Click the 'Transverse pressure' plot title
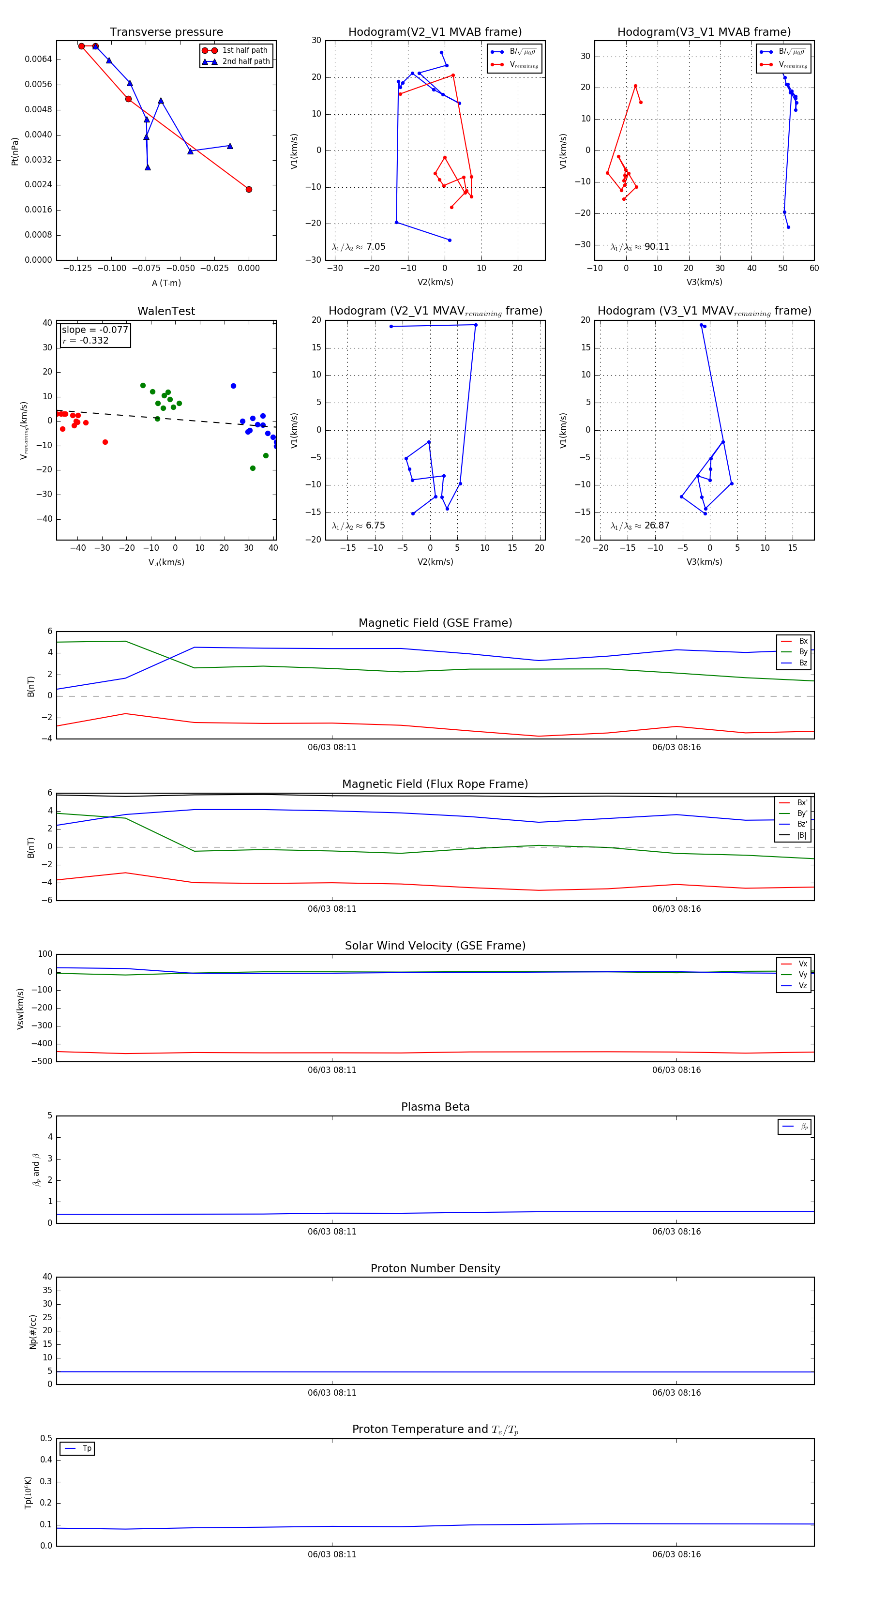(166, 32)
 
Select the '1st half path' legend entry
(244, 50)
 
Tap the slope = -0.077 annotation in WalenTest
(95, 330)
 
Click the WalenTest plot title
(166, 311)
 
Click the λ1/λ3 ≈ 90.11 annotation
(640, 247)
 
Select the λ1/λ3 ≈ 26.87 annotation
(640, 526)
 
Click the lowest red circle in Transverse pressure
(249, 189)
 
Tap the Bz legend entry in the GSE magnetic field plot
(802, 663)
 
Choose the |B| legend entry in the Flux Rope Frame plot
(801, 835)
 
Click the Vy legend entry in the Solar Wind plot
(802, 975)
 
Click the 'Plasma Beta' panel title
(435, 1107)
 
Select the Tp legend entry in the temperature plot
(86, 1448)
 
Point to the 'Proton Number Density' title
(435, 1268)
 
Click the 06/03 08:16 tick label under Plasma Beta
(676, 1232)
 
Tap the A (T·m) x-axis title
(166, 283)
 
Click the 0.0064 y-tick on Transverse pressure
(38, 60)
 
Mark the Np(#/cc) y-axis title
(33, 1332)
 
